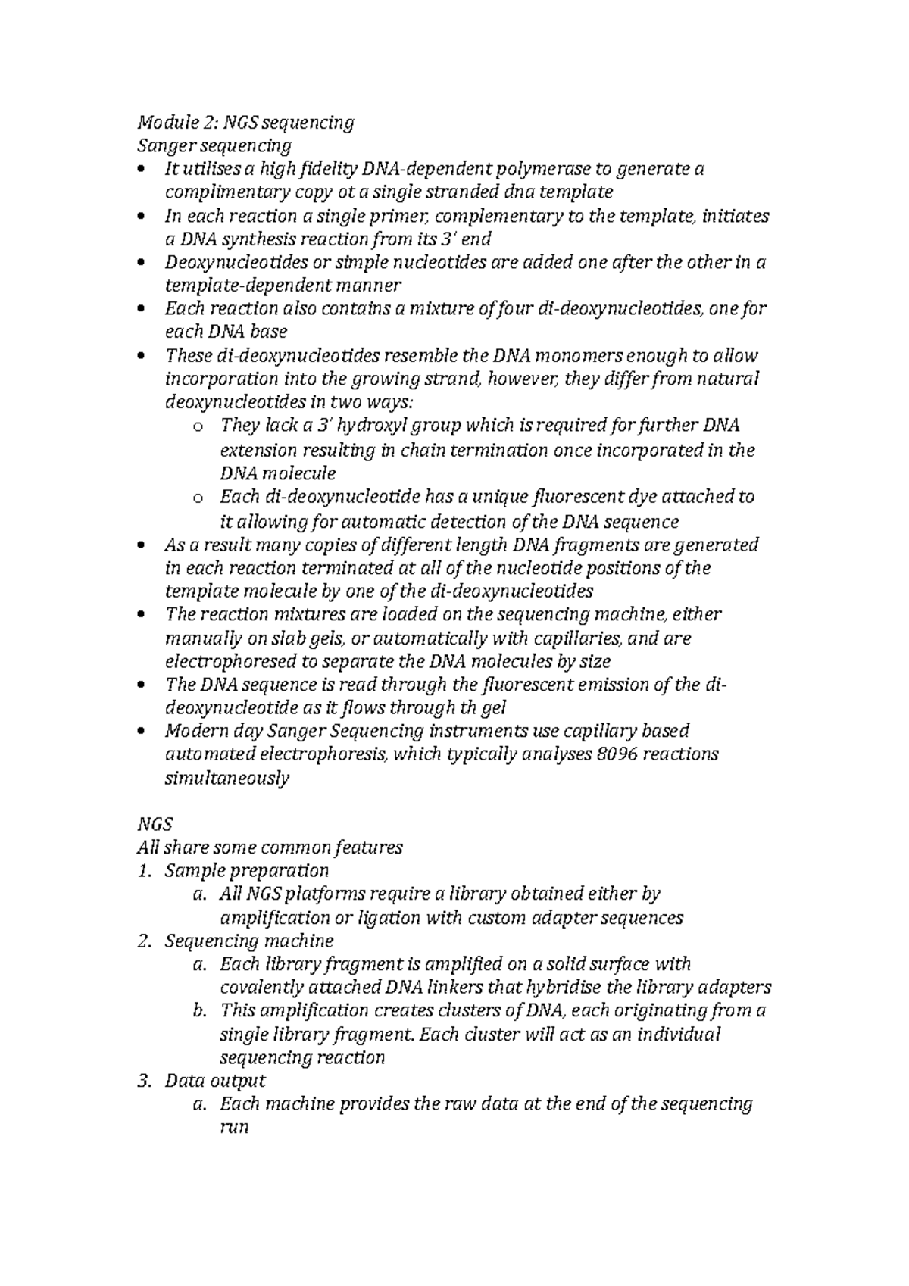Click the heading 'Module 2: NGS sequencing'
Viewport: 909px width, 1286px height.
[x=245, y=122]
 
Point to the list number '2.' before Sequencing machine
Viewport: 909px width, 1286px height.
[x=145, y=941]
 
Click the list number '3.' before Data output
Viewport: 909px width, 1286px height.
[x=145, y=1081]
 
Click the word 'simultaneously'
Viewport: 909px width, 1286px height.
[x=226, y=778]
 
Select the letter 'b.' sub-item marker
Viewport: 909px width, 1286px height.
[x=200, y=1010]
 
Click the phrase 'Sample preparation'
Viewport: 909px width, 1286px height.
[x=246, y=871]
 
